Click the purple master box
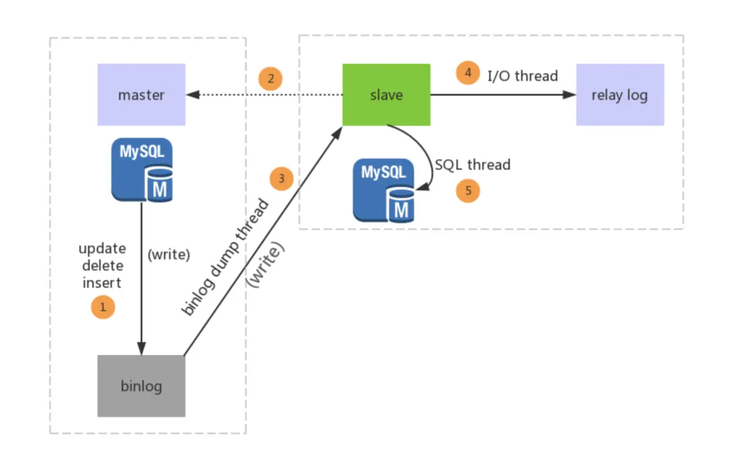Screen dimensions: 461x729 [x=141, y=95]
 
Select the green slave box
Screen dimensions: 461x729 [x=386, y=95]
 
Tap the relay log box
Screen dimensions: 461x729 [x=620, y=95]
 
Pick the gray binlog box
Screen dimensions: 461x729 [x=141, y=386]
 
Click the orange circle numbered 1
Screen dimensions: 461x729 [x=103, y=307]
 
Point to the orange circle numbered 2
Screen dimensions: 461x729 [x=270, y=79]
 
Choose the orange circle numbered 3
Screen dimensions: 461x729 [x=282, y=179]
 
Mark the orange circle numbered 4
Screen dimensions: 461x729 [x=468, y=73]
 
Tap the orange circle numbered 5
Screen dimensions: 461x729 [x=468, y=191]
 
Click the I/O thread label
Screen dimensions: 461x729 [x=523, y=75]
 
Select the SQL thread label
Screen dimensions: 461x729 [x=473, y=164]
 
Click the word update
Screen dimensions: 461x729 [x=102, y=248]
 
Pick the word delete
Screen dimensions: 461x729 [x=102, y=265]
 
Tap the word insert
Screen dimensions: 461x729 [x=102, y=282]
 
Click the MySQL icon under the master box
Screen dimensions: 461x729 [x=142, y=170]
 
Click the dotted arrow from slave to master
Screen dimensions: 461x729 [x=265, y=95]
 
